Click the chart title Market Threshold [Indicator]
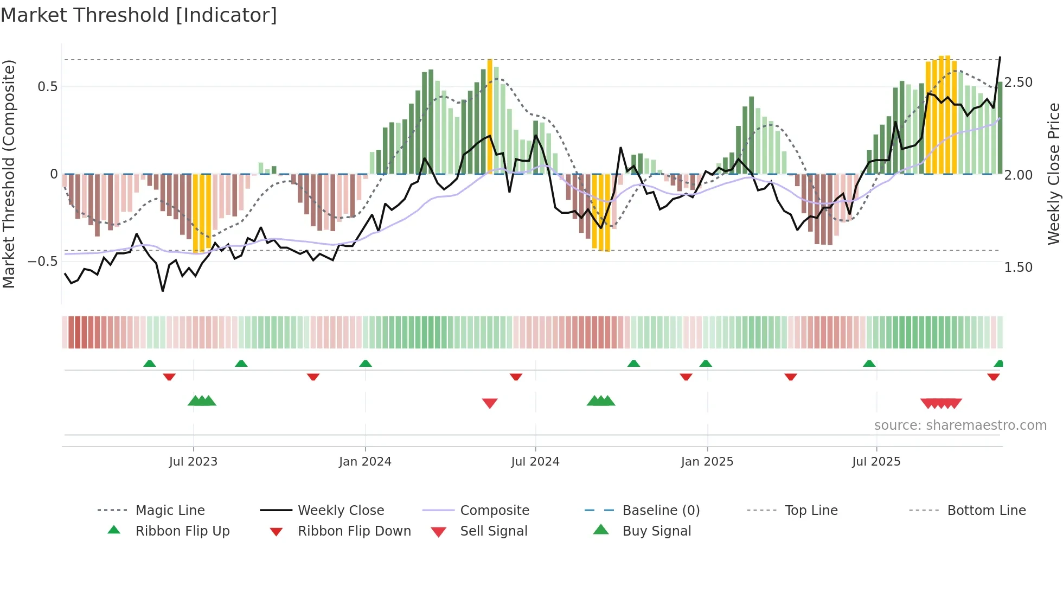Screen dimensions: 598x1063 139,15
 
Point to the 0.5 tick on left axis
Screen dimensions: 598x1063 47,87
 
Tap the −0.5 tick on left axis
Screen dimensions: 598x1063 43,262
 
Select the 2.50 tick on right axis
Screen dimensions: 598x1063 1018,82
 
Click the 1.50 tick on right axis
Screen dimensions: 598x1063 1018,268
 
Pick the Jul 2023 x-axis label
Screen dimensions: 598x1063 193,462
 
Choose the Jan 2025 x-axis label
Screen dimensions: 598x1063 707,462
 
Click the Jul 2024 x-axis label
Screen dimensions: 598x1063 535,462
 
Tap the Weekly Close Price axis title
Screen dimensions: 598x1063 1053,174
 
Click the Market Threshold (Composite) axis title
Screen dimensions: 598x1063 9,174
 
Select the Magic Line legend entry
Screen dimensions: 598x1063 170,511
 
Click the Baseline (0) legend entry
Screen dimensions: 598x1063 661,511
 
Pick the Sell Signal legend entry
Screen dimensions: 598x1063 494,531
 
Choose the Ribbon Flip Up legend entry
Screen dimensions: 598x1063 182,531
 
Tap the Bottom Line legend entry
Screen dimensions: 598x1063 986,511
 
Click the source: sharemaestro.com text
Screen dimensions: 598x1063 960,425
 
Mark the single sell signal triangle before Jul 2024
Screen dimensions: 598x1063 490,403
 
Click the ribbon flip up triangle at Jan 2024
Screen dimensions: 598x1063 366,364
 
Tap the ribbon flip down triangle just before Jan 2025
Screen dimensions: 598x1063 686,377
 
